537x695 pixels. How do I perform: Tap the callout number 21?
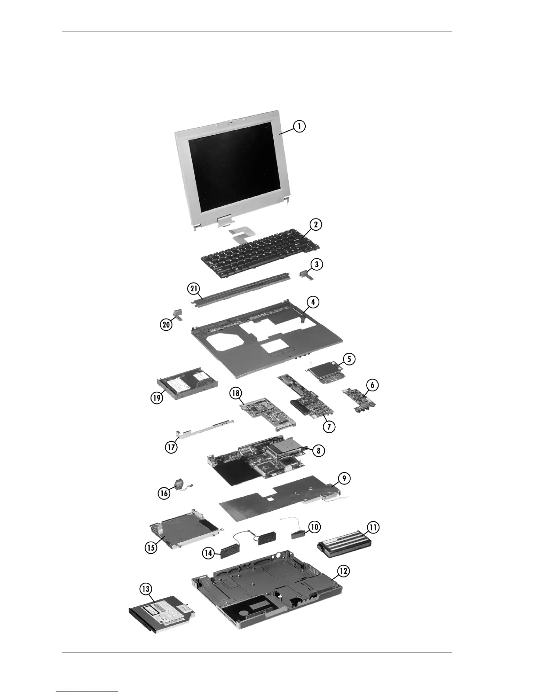[x=194, y=289]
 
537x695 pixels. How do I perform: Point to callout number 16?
[x=164, y=493]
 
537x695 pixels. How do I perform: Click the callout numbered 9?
[x=344, y=478]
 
